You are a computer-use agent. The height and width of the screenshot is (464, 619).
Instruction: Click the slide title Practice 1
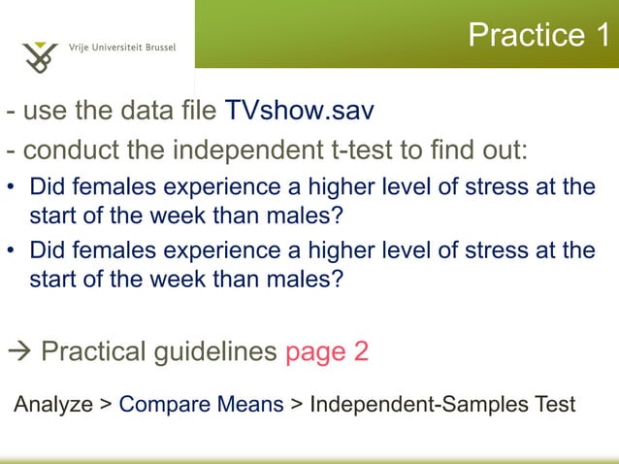[x=539, y=35]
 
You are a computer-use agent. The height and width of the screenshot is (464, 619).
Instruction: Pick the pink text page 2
[x=326, y=350]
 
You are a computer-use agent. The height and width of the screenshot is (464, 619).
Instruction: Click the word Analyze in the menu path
[x=52, y=403]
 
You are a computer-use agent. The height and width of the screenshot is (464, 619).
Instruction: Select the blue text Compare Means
[x=201, y=403]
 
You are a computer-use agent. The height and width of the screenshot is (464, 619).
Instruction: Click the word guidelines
[x=216, y=350]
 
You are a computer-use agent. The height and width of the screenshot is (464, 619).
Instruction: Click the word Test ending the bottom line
[x=553, y=403]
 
